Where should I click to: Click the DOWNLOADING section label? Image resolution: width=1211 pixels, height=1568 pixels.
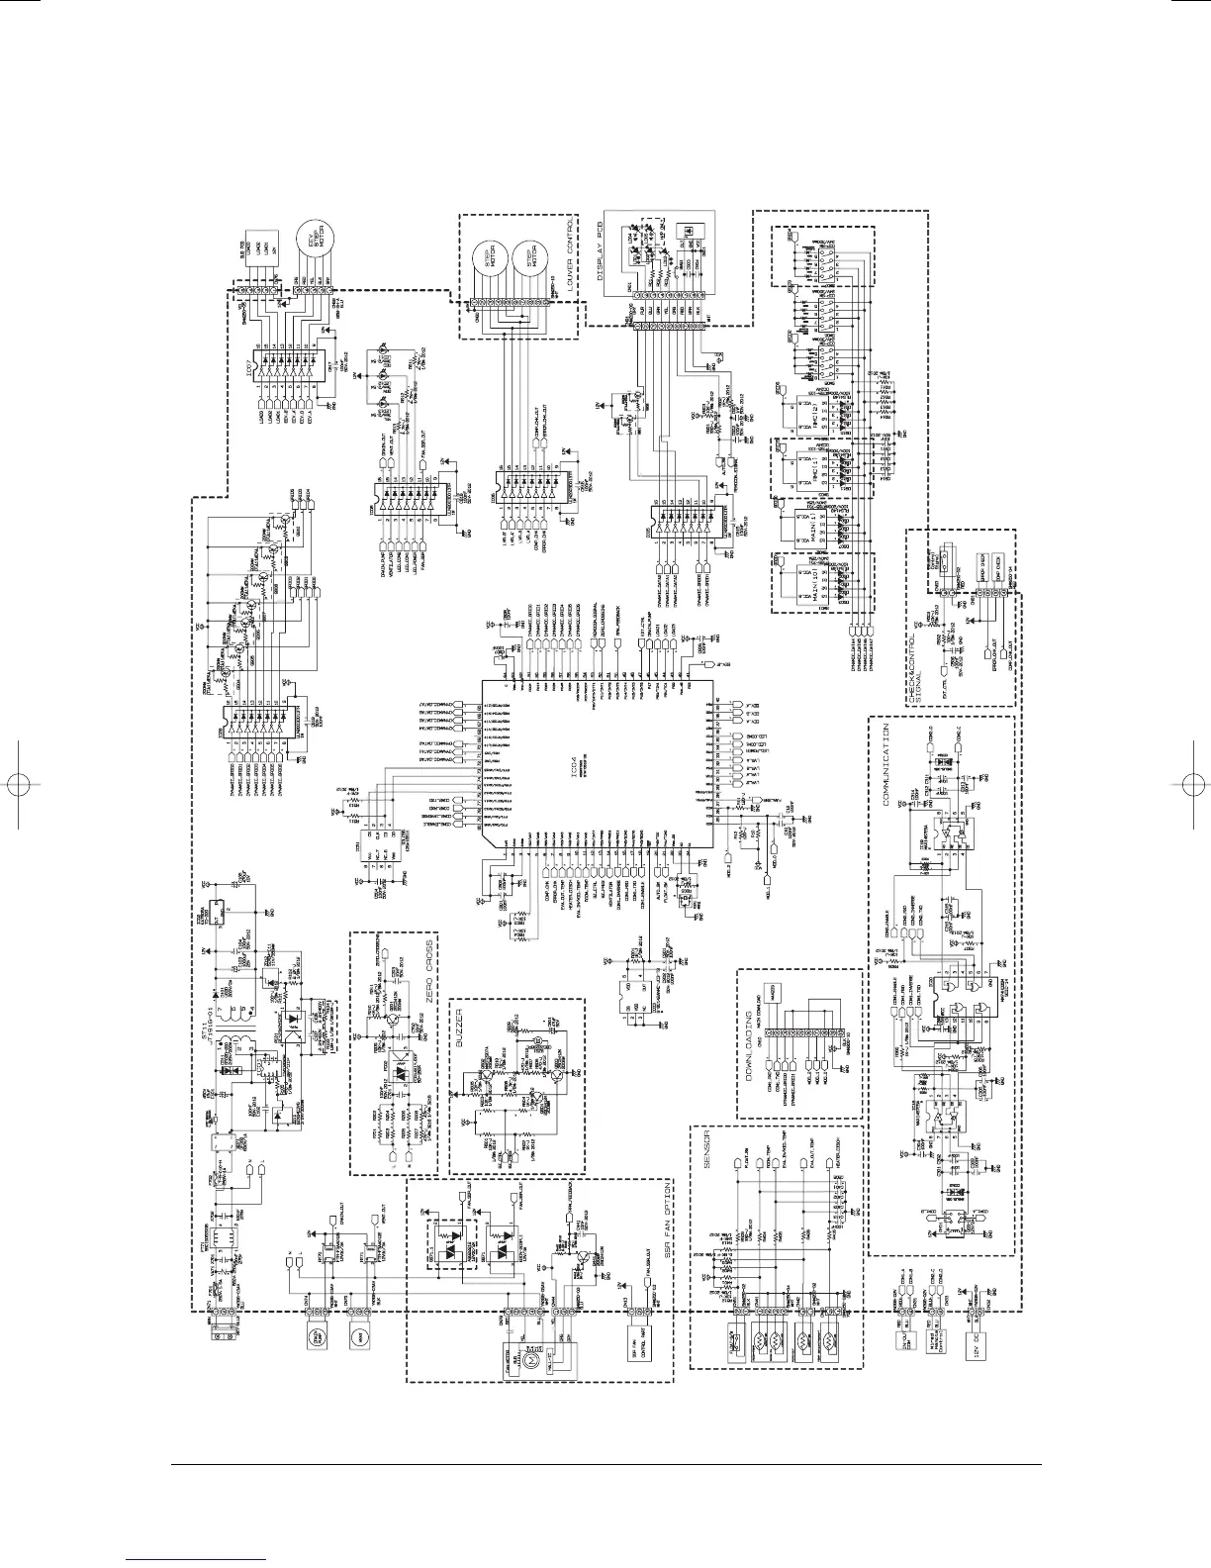tap(749, 1060)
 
